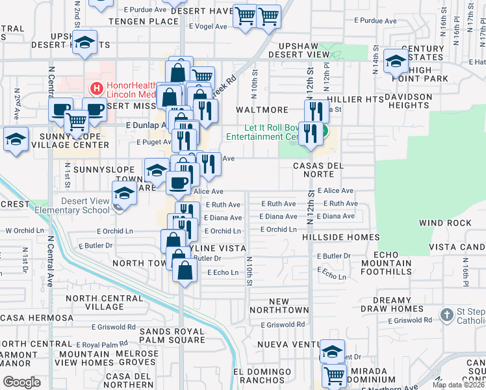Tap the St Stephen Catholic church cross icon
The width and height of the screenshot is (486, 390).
coord(446,316)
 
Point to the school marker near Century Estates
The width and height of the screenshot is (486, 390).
coord(395,60)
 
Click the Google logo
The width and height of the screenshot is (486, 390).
coord(21,382)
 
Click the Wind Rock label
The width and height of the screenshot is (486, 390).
coord(445,223)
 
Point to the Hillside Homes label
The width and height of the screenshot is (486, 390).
coord(341,237)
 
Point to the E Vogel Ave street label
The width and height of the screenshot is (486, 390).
coord(208,27)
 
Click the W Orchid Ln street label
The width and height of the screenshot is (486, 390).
coord(24,231)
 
